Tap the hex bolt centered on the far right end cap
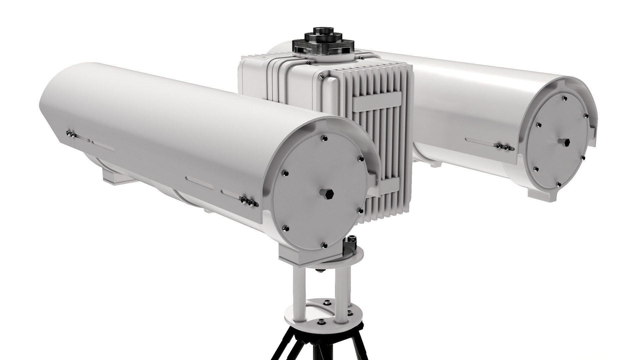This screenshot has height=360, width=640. point(565,142)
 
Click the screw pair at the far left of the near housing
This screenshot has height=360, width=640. point(70,134)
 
